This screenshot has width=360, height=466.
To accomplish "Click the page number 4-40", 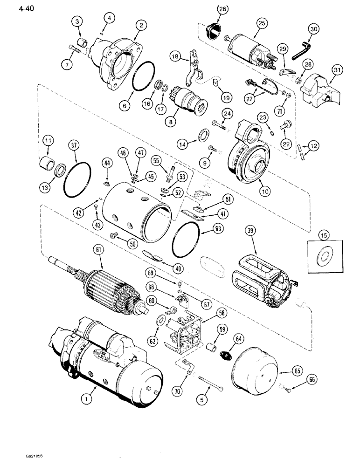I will point(14,8).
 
